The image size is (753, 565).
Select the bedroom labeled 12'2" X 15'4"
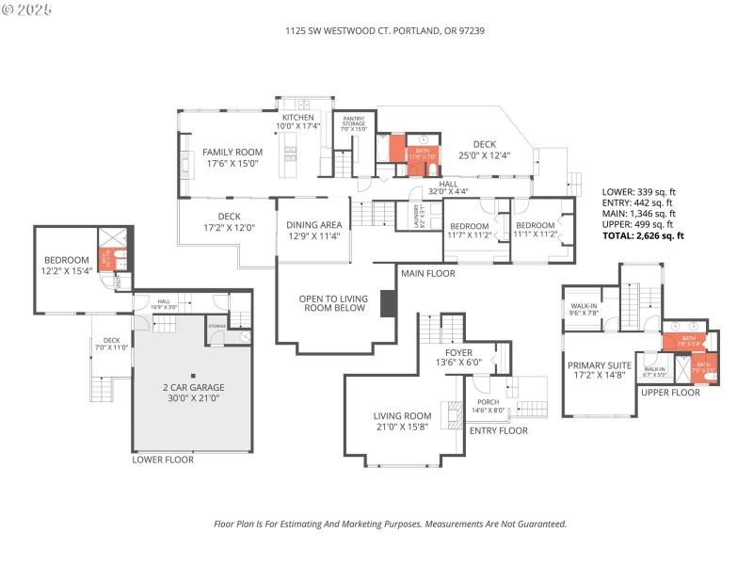66,266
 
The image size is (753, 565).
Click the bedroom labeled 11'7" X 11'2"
469,231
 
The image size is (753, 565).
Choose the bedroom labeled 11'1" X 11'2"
535,231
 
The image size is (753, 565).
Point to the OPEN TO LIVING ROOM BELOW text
330,306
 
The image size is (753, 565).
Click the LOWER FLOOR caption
163,460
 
